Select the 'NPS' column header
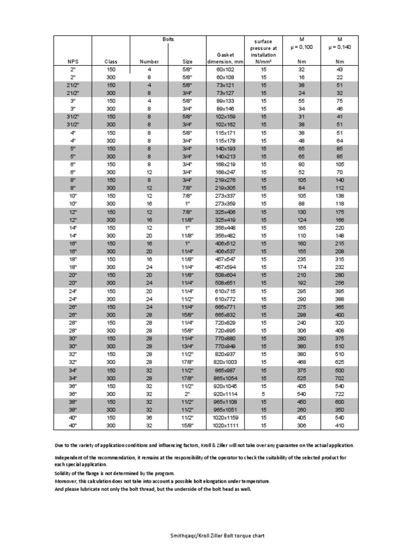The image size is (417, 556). click(73, 62)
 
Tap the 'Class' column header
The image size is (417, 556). click(111, 62)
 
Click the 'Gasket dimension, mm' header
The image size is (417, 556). click(224, 58)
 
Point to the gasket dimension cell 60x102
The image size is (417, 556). click(224, 69)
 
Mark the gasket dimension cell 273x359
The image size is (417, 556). click(224, 204)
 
